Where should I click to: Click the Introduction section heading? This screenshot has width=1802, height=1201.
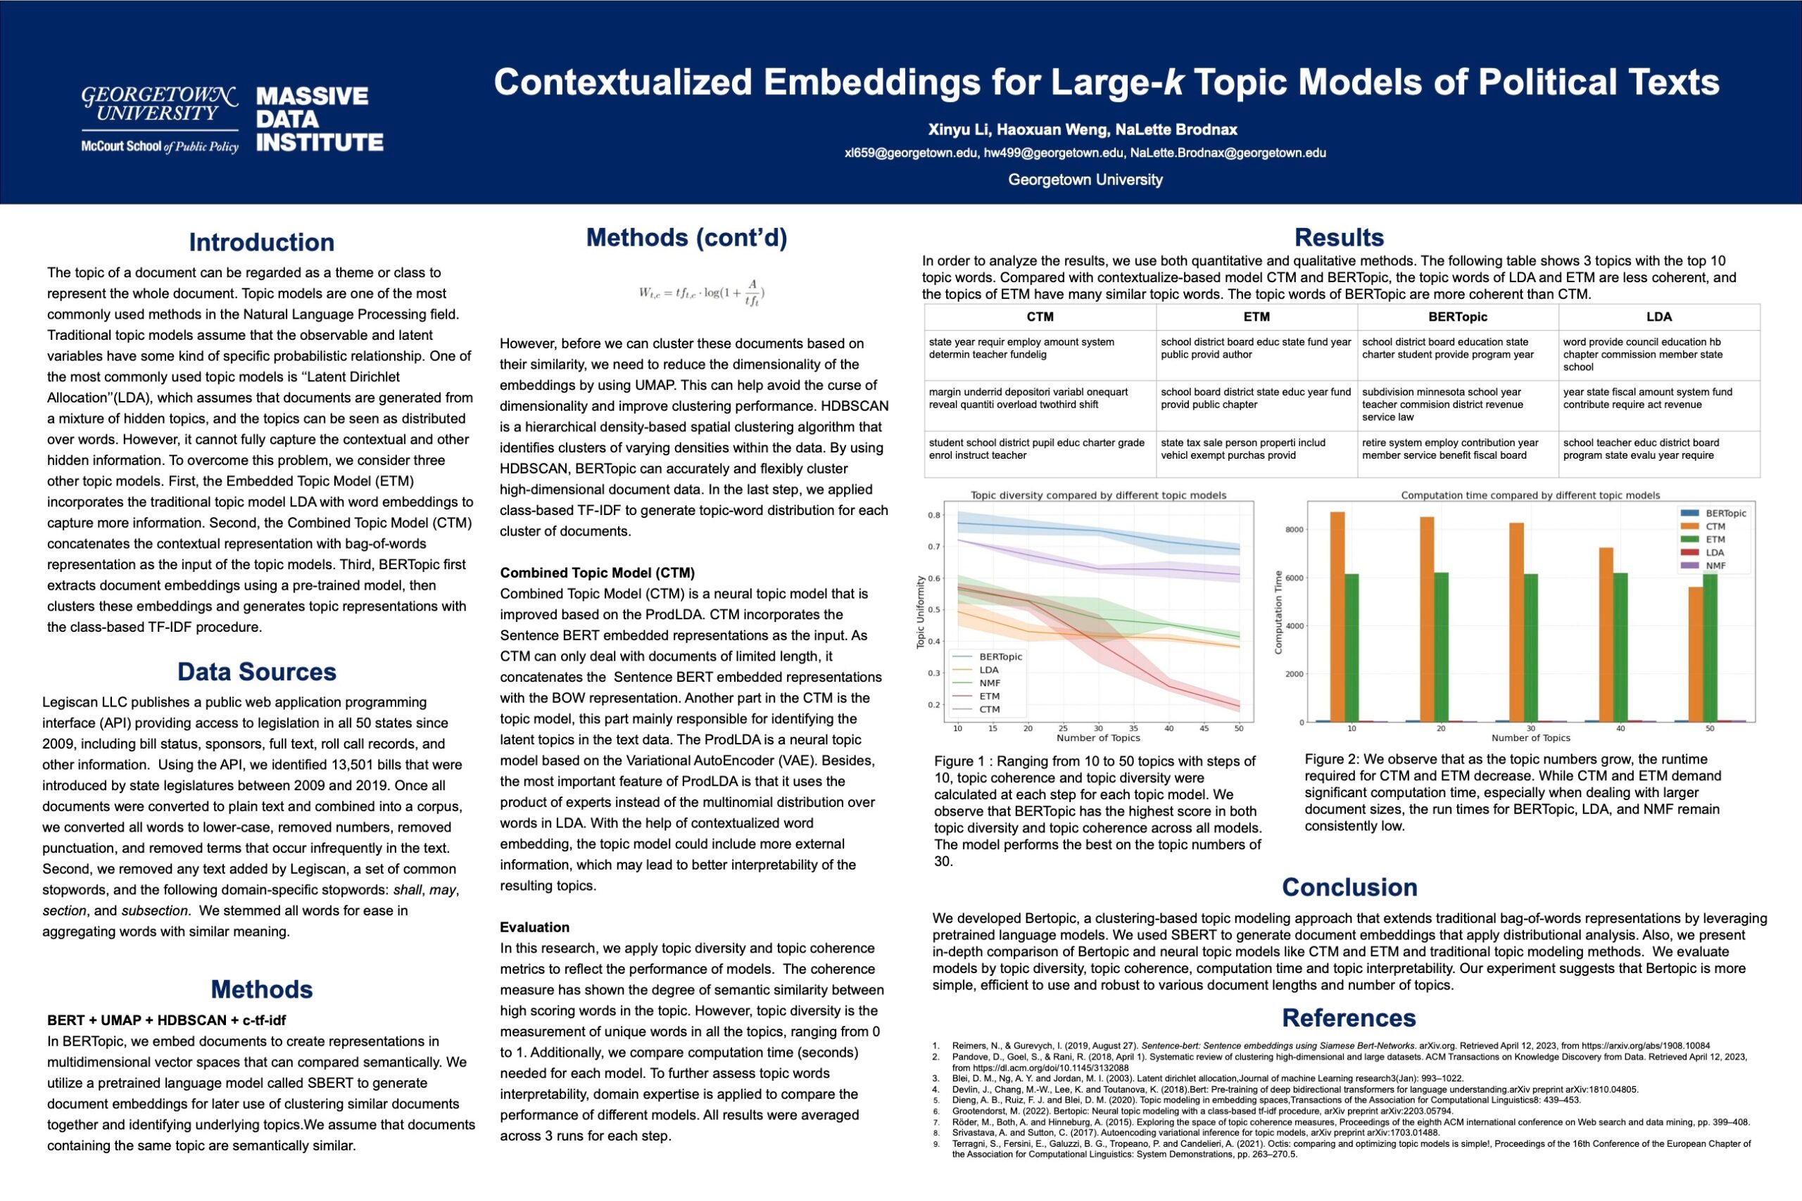coord(261,242)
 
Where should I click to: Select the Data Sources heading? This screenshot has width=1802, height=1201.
coord(257,672)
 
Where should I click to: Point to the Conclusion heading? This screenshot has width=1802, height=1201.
coord(1349,887)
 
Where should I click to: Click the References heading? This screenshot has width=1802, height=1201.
coord(1349,1018)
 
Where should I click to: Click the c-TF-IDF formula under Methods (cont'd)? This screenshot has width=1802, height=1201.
coord(702,293)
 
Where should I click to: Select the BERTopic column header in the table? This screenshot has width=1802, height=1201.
coord(1457,317)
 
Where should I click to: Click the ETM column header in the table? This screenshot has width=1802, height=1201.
coord(1256,317)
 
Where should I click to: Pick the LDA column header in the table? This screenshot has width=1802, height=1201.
coord(1658,317)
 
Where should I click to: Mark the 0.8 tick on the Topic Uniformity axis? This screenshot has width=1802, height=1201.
coord(934,515)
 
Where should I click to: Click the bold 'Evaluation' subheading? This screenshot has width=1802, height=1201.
coord(535,927)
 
